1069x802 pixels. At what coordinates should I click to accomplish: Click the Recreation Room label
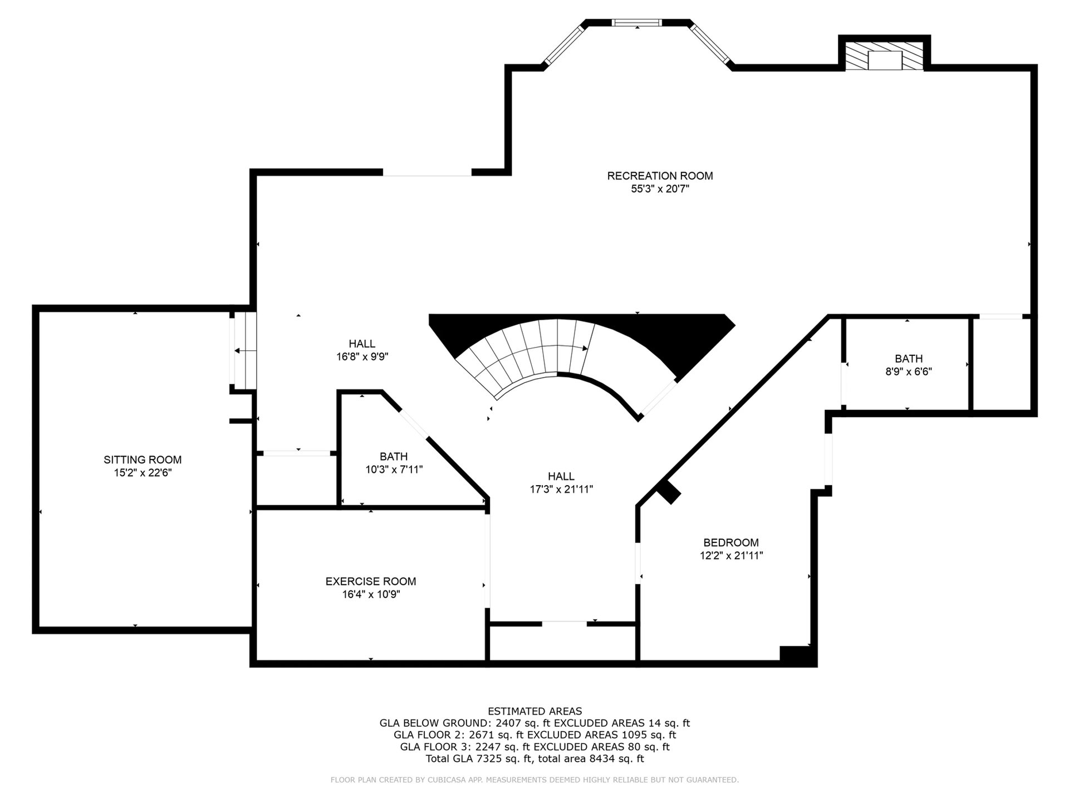(x=660, y=176)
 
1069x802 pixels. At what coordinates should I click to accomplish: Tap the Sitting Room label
(x=143, y=460)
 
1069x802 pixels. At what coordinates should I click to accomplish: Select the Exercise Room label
(x=371, y=581)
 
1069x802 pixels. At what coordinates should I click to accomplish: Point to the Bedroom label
(x=731, y=542)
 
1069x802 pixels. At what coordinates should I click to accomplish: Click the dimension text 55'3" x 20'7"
(x=660, y=189)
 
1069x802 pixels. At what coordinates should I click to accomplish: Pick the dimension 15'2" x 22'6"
(x=143, y=473)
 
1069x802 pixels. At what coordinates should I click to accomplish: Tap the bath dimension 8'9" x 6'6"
(x=909, y=371)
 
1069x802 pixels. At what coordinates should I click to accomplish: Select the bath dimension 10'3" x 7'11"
(x=394, y=470)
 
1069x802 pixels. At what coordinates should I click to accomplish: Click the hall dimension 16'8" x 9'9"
(x=362, y=356)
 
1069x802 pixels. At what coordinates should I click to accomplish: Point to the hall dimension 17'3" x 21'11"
(x=561, y=490)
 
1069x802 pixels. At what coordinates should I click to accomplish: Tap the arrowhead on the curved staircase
(x=585, y=349)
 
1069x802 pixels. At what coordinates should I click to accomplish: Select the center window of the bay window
(x=637, y=23)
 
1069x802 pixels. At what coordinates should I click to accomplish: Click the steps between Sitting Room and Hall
(x=244, y=350)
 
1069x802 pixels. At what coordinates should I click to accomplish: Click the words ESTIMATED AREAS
(x=534, y=711)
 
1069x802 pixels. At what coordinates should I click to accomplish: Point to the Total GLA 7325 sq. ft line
(x=534, y=759)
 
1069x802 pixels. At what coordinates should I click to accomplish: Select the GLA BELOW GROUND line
(x=534, y=723)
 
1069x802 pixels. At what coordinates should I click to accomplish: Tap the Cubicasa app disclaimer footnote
(x=534, y=780)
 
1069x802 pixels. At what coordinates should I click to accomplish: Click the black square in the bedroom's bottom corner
(x=797, y=655)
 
